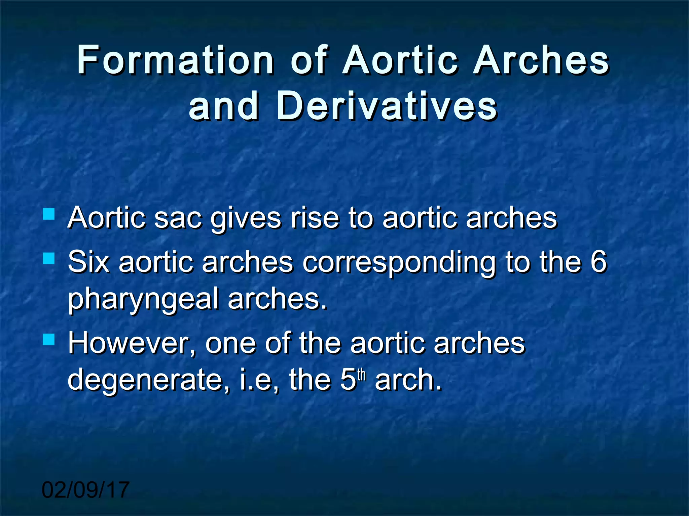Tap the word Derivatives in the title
387,106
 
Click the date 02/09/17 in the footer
85,490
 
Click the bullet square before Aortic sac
49,214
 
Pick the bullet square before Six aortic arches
49,258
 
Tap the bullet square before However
49,340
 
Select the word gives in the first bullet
246,219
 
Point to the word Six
88,262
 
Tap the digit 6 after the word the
599,262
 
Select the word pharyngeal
143,299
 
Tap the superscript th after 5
361,375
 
